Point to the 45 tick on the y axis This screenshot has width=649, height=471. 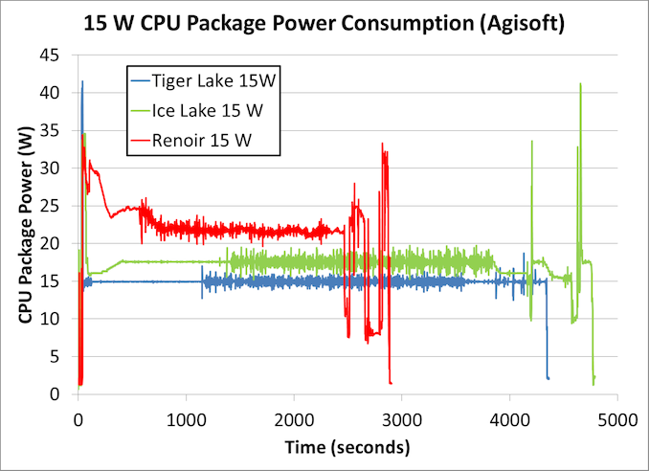tap(58, 55)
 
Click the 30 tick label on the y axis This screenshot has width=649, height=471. tap(58, 168)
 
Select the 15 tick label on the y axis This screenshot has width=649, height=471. tap(58, 280)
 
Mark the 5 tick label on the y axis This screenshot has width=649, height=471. tap(63, 356)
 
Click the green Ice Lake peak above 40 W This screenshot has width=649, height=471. tap(580, 84)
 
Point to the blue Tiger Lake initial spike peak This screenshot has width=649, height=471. tap(82, 81)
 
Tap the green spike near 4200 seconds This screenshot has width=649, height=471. tap(532, 142)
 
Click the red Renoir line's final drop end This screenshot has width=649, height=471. tap(391, 383)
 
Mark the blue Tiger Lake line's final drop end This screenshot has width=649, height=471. tap(548, 378)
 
